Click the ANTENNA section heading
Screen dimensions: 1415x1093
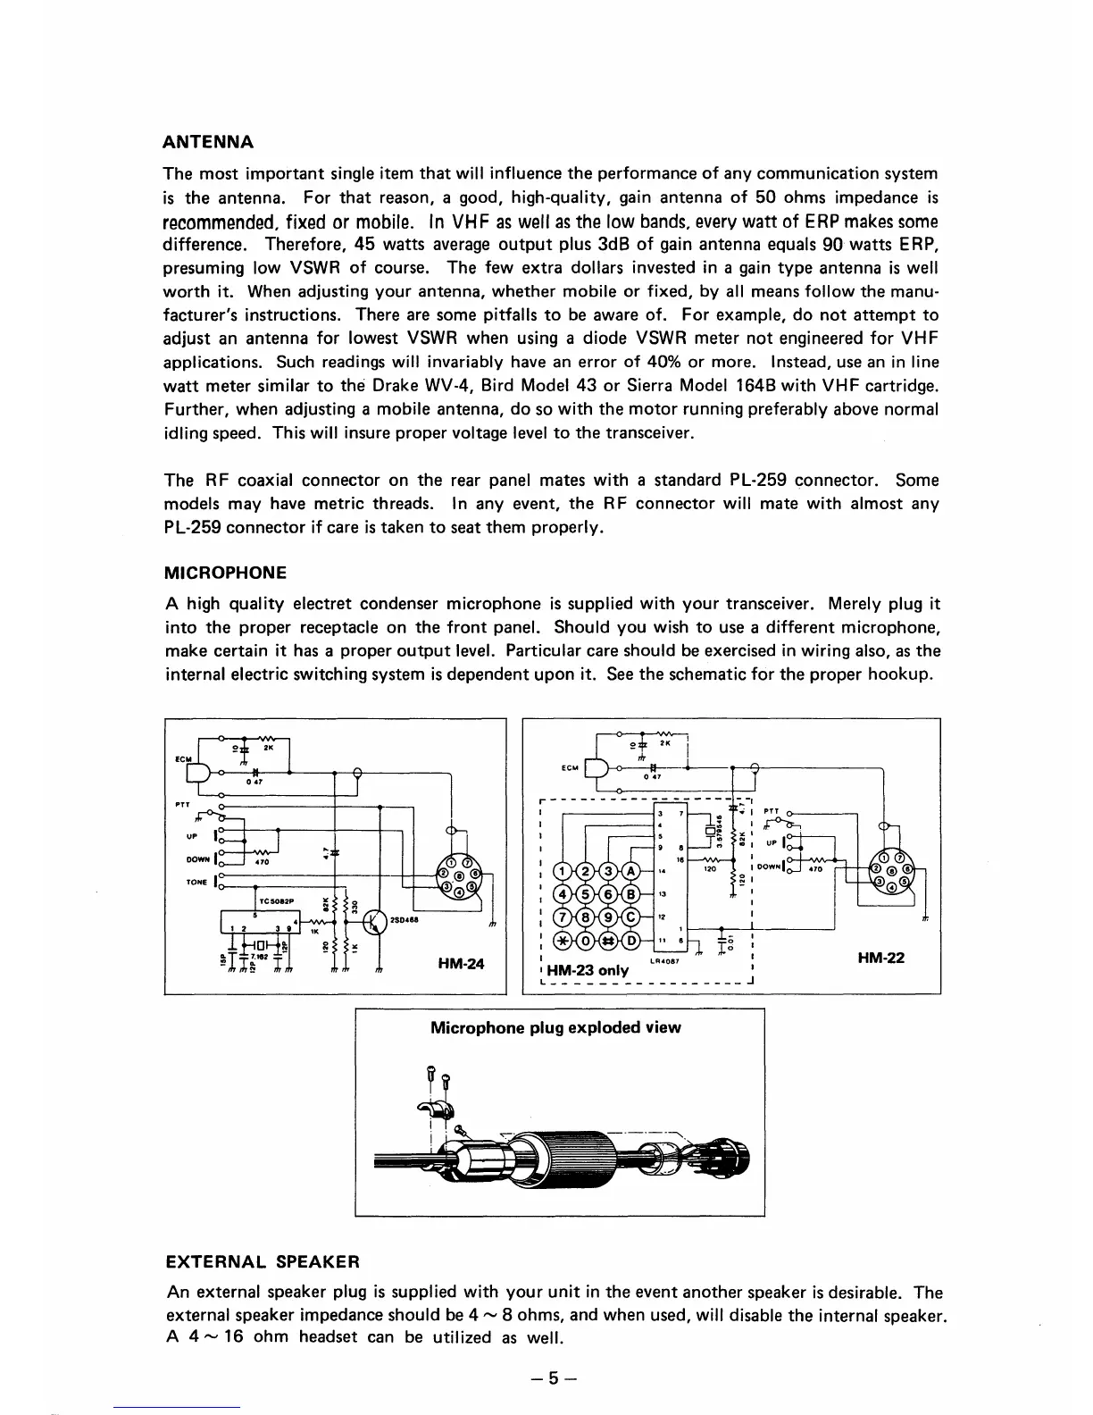click(209, 142)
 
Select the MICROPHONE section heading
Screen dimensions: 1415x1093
click(226, 573)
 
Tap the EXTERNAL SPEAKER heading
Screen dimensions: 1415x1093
click(263, 1262)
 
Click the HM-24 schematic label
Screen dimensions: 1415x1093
click(462, 964)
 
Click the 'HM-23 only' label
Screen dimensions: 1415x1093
click(587, 970)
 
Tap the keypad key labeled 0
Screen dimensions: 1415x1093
click(586, 940)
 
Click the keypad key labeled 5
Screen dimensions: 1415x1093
click(586, 895)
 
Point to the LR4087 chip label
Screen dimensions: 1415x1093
click(665, 961)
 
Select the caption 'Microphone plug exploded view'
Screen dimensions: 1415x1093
click(555, 1027)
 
